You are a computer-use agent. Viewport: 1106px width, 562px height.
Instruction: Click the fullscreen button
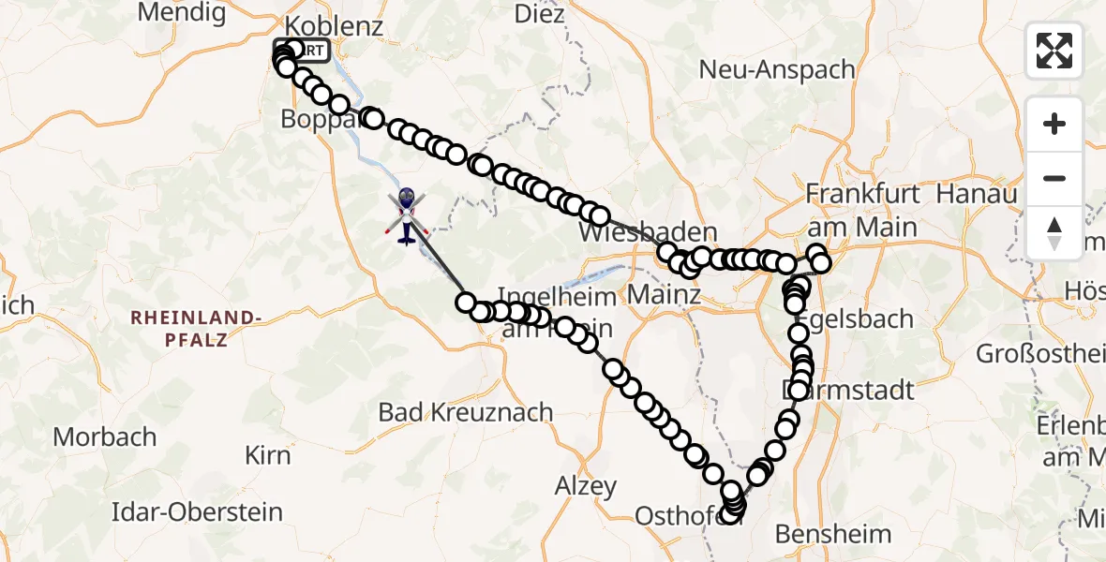click(1054, 51)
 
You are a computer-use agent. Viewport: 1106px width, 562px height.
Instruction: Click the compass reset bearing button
click(1054, 233)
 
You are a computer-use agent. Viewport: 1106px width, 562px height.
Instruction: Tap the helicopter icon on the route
click(407, 215)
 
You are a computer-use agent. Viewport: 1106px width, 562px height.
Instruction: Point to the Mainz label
click(663, 296)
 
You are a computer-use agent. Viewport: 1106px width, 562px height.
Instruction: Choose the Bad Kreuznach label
click(466, 411)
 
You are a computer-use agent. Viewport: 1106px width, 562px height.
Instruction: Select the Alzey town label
click(586, 486)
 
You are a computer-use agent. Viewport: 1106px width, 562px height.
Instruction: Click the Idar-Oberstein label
click(197, 512)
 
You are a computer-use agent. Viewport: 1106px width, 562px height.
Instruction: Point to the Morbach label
click(104, 436)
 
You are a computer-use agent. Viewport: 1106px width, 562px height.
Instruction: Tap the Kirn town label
click(267, 456)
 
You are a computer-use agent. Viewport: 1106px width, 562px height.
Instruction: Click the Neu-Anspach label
click(778, 70)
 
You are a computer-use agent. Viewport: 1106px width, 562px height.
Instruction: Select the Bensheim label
click(833, 534)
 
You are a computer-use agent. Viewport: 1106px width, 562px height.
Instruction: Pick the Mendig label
click(182, 12)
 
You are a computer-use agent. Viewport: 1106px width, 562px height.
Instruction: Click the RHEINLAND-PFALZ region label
click(196, 328)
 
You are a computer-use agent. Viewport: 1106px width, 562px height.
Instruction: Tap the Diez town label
click(540, 14)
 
